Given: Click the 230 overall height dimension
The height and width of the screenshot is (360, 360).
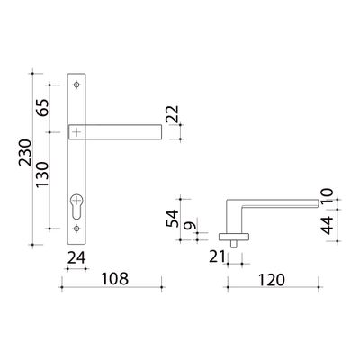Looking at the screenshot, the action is [x=25, y=152].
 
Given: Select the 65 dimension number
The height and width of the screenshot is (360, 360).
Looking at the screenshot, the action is [x=42, y=108].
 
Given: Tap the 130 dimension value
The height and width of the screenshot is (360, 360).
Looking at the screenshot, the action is [x=42, y=175].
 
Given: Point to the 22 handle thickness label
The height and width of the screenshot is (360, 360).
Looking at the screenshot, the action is [x=173, y=114].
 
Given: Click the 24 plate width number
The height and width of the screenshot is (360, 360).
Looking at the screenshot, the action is [x=76, y=257].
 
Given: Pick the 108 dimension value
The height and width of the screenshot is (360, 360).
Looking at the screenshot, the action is [x=115, y=279].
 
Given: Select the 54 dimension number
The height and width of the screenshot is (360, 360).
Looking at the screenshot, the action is [x=172, y=219].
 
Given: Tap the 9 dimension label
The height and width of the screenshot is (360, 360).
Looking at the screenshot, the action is [x=190, y=226].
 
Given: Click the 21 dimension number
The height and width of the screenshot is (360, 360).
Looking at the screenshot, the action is [x=217, y=256].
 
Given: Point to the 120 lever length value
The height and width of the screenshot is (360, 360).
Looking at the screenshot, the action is [x=271, y=280].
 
